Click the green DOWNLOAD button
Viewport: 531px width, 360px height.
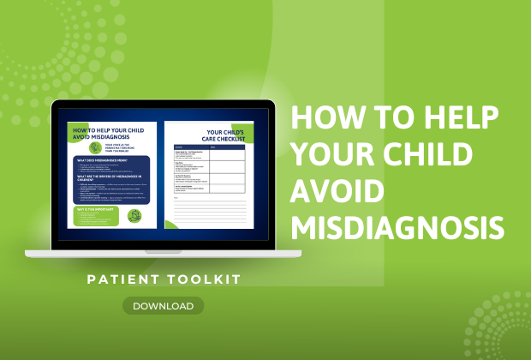coord(163,305)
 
